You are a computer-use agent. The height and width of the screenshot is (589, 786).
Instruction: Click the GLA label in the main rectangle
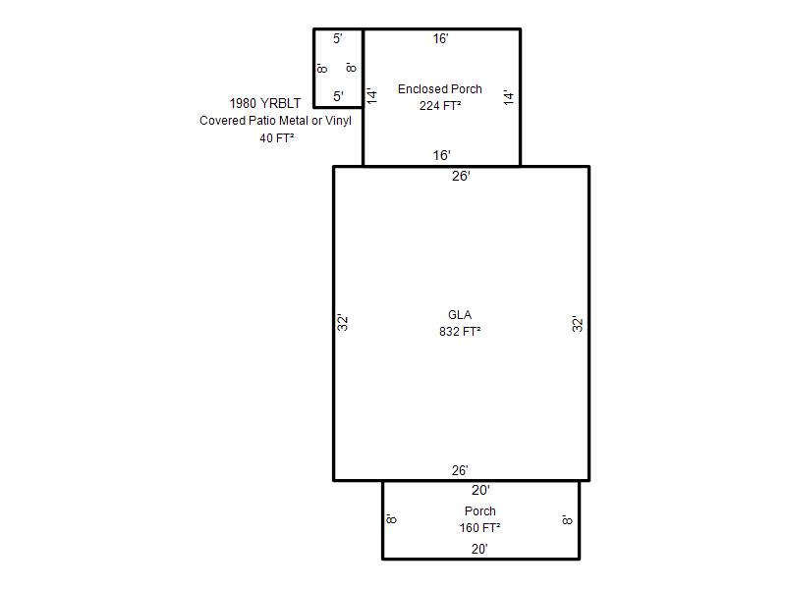[460, 315]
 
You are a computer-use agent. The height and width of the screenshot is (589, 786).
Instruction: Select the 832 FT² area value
[460, 332]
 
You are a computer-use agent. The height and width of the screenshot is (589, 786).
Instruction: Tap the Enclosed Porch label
[439, 89]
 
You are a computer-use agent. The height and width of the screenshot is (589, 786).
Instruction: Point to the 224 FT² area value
[440, 106]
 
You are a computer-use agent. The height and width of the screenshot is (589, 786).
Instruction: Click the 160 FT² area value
[479, 528]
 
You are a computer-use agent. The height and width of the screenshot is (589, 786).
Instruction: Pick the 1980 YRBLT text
[265, 103]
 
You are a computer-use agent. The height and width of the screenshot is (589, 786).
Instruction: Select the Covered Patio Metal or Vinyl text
[275, 121]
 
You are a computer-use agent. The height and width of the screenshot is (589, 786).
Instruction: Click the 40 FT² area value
[276, 138]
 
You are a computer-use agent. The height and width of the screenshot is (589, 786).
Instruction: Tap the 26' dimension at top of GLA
[461, 177]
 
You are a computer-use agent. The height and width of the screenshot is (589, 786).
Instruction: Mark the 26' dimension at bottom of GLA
[460, 471]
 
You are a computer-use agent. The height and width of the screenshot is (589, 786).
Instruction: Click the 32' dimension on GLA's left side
[342, 323]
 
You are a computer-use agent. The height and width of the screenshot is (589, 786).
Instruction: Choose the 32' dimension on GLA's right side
[578, 324]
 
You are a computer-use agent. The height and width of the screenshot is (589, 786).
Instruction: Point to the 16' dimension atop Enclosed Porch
[440, 39]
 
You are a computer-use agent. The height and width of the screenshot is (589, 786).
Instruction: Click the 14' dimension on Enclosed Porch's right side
[509, 97]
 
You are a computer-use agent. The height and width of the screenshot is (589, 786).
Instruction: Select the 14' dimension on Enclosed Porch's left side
[372, 95]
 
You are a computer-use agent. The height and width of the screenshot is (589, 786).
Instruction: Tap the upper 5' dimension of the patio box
[337, 38]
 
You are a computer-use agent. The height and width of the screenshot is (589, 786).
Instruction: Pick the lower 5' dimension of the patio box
[338, 96]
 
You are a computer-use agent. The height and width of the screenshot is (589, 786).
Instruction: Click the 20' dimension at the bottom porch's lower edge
[479, 550]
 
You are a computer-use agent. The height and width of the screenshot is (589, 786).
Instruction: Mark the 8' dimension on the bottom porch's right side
[567, 520]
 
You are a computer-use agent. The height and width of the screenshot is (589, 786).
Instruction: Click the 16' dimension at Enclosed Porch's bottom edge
[441, 156]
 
